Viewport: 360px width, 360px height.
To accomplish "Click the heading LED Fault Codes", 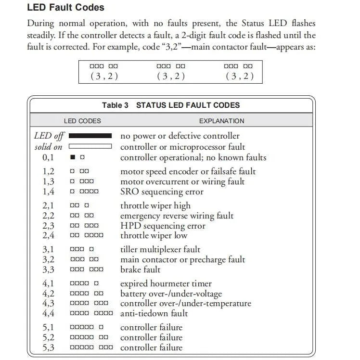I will tap(65, 8).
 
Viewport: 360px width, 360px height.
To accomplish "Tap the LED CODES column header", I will tap(82, 121).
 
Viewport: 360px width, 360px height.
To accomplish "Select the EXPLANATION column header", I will tap(221, 121).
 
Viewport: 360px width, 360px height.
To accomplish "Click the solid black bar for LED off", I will tap(90, 136).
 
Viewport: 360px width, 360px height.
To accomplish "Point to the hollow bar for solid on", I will tap(90, 146).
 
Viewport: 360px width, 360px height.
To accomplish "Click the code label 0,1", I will tap(48, 157).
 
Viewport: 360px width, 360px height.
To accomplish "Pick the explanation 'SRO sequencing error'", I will tap(162, 192).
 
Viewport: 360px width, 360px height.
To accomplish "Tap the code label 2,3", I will tap(48, 226).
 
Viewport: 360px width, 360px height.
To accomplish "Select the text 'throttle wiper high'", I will tap(155, 206).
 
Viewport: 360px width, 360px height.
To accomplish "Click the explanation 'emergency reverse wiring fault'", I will tap(177, 216).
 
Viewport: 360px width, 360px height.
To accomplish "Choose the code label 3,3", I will tap(48, 270).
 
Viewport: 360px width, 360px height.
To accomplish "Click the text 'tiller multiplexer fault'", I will tap(160, 249).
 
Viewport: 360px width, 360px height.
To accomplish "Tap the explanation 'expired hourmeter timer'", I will tap(166, 283).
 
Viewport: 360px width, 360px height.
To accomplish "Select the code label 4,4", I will tap(48, 313).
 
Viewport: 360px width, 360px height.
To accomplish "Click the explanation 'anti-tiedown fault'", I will tap(154, 313).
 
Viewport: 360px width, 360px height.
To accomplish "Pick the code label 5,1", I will tap(48, 328).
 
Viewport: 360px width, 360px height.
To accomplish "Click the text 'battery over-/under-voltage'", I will tap(171, 294).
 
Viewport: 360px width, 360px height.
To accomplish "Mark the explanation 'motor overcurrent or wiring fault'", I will tap(182, 181).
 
